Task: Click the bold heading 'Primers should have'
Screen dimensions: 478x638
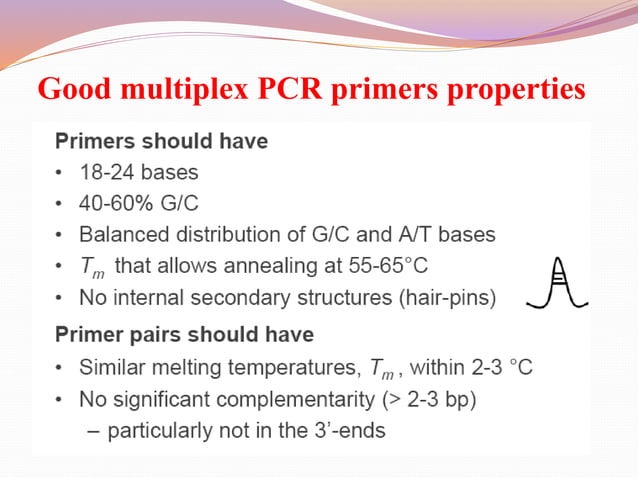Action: tap(161, 141)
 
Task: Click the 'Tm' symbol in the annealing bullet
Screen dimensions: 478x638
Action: tap(92, 267)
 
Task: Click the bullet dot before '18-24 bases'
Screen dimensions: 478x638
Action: tap(60, 172)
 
